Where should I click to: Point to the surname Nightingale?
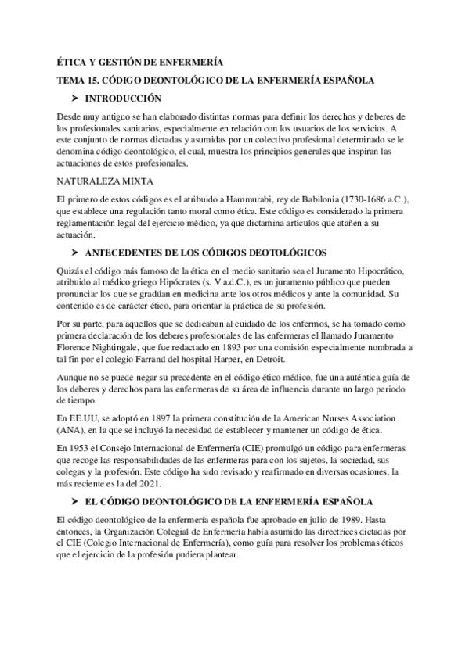point(114,346)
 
